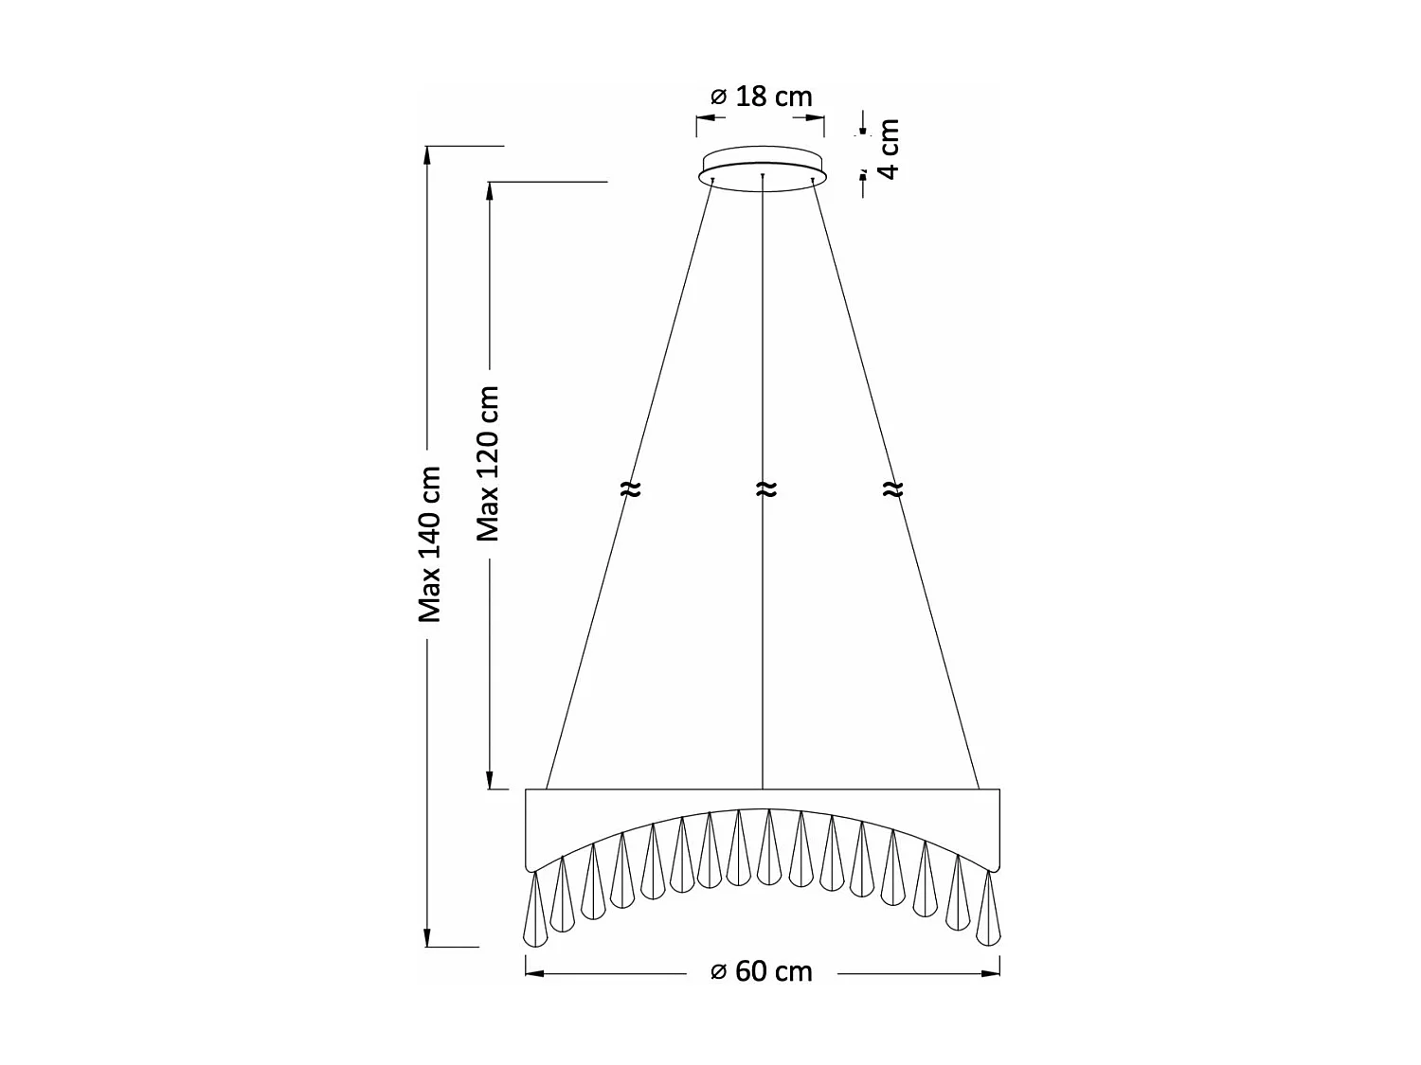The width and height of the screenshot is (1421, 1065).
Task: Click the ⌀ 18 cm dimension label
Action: [x=761, y=97]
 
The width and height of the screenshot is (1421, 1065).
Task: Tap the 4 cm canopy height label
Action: [x=888, y=149]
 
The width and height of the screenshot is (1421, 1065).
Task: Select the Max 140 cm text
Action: [x=431, y=543]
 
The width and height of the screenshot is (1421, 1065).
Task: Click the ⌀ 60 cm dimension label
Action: [x=762, y=972]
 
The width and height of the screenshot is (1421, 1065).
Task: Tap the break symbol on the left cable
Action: [x=630, y=489]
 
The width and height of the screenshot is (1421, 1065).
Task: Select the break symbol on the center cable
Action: [x=765, y=489]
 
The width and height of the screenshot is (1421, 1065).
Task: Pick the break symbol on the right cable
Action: [x=892, y=489]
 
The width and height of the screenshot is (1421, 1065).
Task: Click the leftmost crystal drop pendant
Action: [x=536, y=911]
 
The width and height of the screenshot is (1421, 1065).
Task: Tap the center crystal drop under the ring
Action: [x=769, y=847]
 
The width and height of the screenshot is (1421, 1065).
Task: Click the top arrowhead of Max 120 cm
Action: [x=490, y=190]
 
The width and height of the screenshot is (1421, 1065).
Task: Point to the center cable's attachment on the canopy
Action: [x=762, y=176]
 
